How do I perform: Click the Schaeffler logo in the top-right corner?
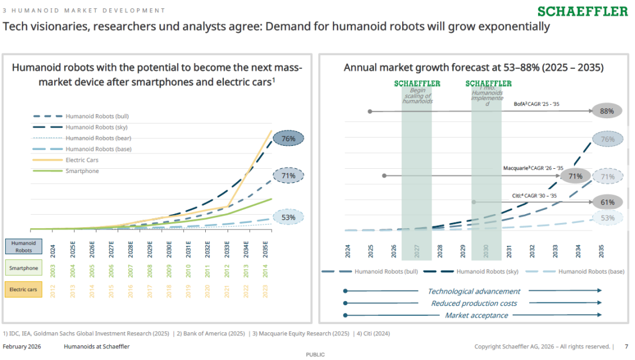click(x=582, y=11)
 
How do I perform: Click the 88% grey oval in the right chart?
click(x=607, y=111)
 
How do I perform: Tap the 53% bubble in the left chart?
click(x=288, y=217)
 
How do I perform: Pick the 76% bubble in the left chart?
click(x=288, y=139)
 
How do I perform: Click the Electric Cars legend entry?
click(x=82, y=160)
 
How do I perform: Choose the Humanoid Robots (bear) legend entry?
click(x=98, y=138)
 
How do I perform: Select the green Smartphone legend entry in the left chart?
click(x=82, y=171)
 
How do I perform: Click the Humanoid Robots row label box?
click(x=24, y=246)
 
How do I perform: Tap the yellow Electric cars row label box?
click(x=24, y=289)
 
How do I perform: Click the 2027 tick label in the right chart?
click(x=416, y=252)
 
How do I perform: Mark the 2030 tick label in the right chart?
click(x=486, y=252)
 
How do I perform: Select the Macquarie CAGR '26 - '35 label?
click(x=533, y=168)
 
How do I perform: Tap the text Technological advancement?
click(x=473, y=291)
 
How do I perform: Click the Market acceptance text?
click(x=476, y=315)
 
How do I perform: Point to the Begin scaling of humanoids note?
click(x=417, y=96)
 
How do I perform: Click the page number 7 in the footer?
click(x=626, y=346)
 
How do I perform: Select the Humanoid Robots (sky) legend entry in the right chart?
click(x=487, y=272)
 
